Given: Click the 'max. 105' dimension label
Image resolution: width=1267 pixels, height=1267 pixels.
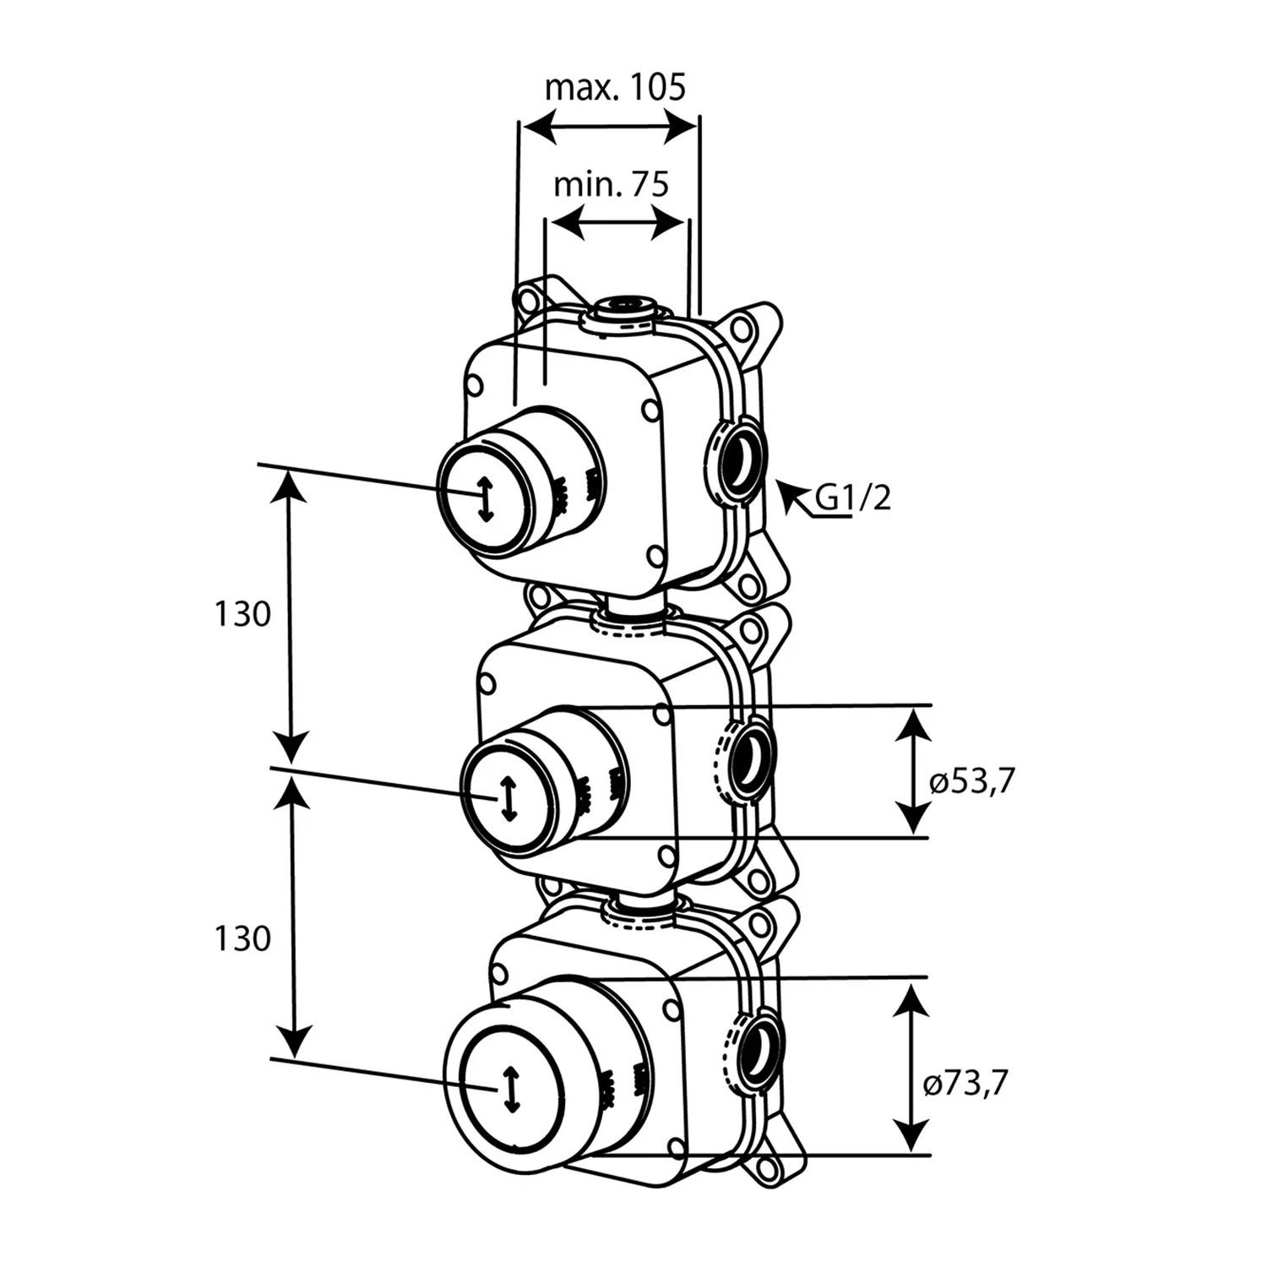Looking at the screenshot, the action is tap(615, 87).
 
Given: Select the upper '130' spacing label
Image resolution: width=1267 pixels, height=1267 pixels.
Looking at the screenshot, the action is tap(242, 614).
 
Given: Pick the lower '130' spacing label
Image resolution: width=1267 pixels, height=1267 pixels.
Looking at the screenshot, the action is tap(242, 938).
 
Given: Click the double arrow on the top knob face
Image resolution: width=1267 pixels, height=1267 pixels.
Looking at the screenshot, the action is tap(484, 499).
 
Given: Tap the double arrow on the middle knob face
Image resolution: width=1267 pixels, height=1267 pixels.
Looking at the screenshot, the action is tap(508, 798).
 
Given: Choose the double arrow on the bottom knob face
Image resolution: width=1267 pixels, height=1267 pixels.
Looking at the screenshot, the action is tap(510, 1090).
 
